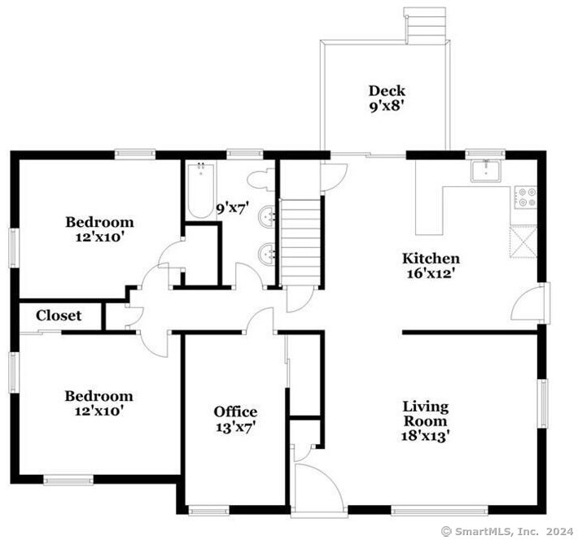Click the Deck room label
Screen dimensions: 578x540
point(387,90)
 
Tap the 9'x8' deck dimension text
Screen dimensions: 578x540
point(384,107)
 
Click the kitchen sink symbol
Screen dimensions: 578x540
point(486,171)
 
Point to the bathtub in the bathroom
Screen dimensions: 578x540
point(200,190)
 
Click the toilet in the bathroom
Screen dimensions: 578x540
point(261,180)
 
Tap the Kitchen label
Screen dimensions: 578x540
point(431,259)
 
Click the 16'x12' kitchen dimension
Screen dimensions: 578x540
point(429,273)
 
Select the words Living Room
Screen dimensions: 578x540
point(426,414)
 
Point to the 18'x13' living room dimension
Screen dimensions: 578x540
point(425,436)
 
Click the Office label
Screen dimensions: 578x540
point(235,412)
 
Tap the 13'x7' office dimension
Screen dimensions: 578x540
point(235,427)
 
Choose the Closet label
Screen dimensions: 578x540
point(59,316)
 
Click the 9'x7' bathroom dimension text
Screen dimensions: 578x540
point(232,209)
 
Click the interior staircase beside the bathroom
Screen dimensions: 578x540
point(300,242)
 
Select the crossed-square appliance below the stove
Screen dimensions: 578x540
point(523,242)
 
